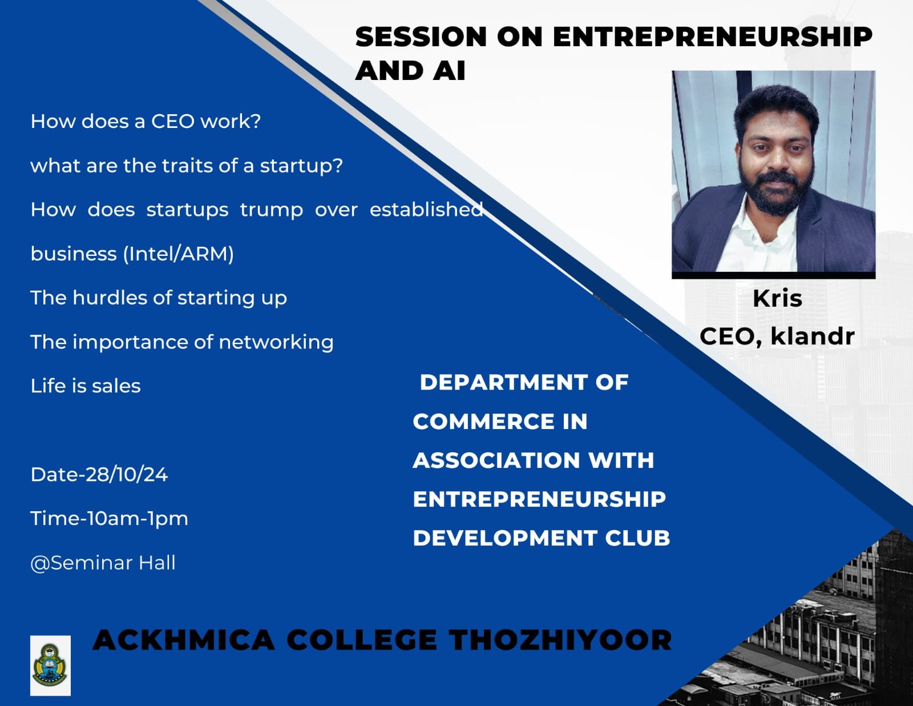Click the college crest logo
(50, 665)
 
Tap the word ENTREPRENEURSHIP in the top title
(713, 37)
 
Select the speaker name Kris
(777, 299)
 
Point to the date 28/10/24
(127, 474)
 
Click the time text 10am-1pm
(134, 519)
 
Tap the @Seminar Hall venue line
(103, 563)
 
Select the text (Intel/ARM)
(179, 254)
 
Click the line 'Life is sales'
(85, 386)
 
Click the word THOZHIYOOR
(560, 640)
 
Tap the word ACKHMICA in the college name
(184, 640)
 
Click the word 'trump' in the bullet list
(272, 210)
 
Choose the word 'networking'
(276, 342)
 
